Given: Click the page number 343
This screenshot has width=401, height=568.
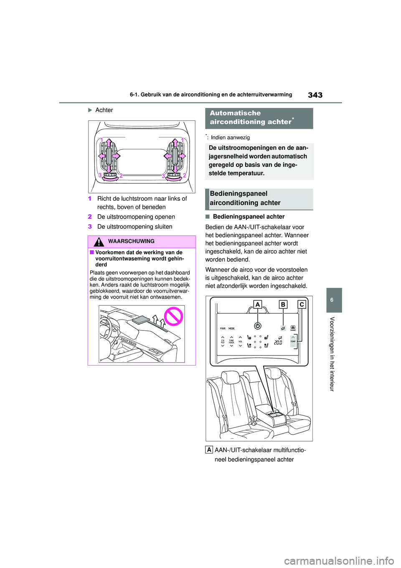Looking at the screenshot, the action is (315, 95).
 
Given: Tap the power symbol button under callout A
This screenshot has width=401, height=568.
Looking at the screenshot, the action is (258, 326).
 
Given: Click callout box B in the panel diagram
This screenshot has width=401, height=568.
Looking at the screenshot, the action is (283, 304).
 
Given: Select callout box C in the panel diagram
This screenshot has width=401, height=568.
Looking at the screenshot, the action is (302, 304).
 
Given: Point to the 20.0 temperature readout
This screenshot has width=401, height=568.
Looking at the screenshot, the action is (278, 343).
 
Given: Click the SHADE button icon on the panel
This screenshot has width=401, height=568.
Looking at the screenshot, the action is (293, 328).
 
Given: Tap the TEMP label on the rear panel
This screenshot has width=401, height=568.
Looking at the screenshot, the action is (293, 341).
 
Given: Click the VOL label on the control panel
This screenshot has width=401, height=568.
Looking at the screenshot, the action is (240, 342).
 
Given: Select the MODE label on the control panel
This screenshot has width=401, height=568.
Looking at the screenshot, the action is (231, 329).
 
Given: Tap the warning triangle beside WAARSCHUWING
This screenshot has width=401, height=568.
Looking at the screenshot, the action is (99, 242).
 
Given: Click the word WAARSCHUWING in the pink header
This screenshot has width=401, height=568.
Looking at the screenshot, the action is (131, 241).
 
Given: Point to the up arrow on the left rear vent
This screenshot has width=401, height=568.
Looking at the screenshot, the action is (109, 144).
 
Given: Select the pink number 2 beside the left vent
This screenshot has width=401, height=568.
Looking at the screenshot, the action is (121, 176).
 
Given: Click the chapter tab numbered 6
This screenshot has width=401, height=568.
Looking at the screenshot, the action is (334, 300).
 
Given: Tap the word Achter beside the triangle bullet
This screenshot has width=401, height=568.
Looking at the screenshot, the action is (104, 110).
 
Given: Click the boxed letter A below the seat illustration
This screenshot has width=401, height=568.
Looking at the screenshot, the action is (209, 450).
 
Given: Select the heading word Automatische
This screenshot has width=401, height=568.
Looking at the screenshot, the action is (235, 113).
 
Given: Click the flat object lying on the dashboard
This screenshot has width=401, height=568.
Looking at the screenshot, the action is (140, 320).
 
